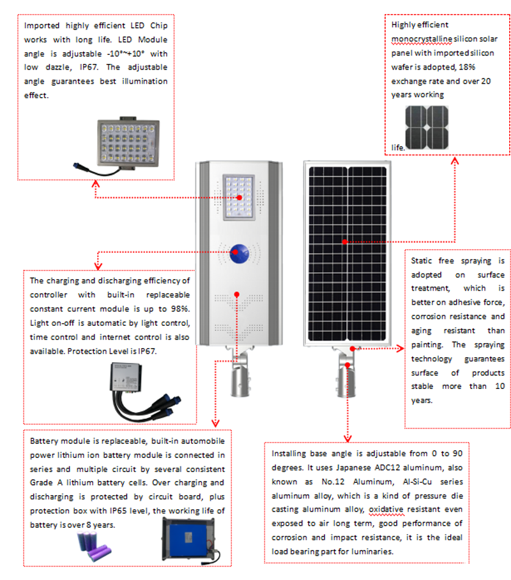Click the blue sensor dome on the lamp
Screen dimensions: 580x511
pyautogui.click(x=240, y=253)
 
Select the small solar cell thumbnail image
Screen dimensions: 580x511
pyautogui.click(x=427, y=128)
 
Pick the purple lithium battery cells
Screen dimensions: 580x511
pyautogui.click(x=96, y=546)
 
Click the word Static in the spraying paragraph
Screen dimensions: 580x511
pyautogui.click(x=422, y=261)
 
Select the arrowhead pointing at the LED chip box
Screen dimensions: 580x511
pyautogui.click(x=96, y=183)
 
